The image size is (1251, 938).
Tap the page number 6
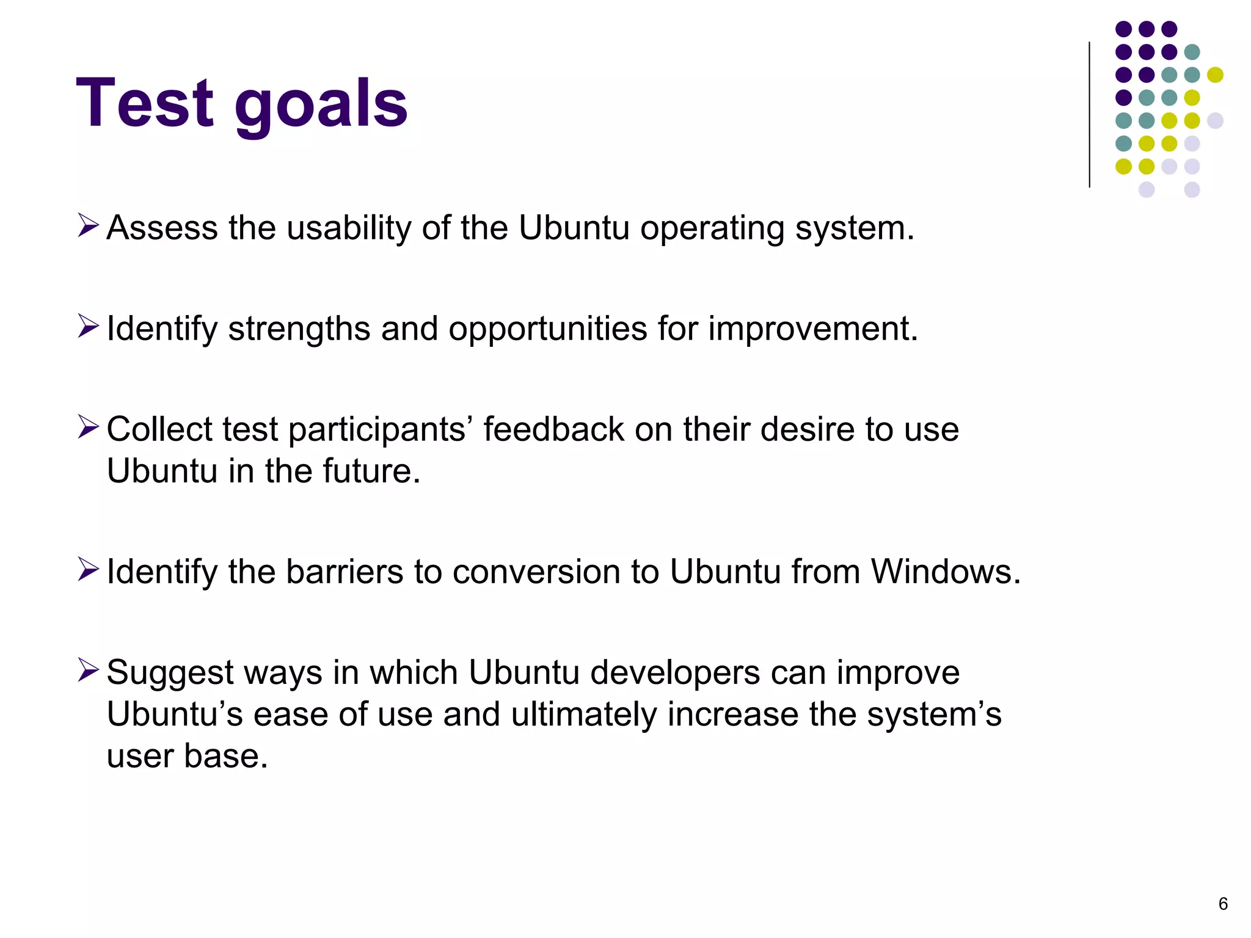pyautogui.click(x=1223, y=904)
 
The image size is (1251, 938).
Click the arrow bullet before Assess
pyautogui.click(x=88, y=225)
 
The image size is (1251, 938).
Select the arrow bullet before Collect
pyautogui.click(x=88, y=427)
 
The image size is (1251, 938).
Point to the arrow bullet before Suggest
pyautogui.click(x=88, y=670)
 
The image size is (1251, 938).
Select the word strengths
pyautogui.click(x=299, y=329)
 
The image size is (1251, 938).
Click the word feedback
pyautogui.click(x=553, y=429)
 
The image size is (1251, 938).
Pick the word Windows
pyautogui.click(x=945, y=572)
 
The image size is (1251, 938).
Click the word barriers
pyautogui.click(x=345, y=572)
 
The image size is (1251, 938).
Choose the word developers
pyautogui.click(x=675, y=673)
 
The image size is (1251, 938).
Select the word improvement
pyautogui.click(x=813, y=329)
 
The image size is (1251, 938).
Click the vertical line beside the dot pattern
pyautogui.click(x=1089, y=114)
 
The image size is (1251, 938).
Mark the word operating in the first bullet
pyautogui.click(x=712, y=228)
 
